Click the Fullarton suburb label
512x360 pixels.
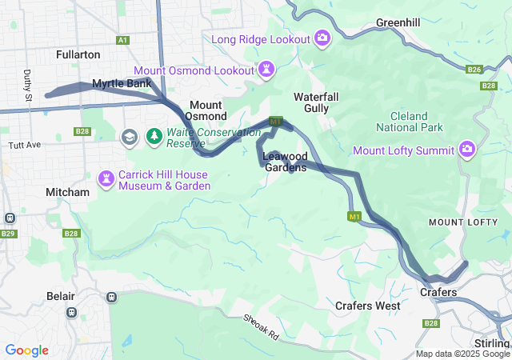78,54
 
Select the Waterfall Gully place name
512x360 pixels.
316,102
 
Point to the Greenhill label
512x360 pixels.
398,22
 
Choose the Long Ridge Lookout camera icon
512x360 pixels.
322,38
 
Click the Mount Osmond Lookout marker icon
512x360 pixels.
266,70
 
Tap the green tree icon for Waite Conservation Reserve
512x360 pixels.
153,138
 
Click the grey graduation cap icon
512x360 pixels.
129,138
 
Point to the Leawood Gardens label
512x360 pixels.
285,162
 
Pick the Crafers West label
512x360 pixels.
367,306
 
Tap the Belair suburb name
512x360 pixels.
60,296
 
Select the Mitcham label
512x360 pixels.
67,192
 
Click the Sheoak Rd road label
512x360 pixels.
262,326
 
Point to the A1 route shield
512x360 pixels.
122,39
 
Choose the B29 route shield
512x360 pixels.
9,233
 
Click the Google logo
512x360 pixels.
26,350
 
